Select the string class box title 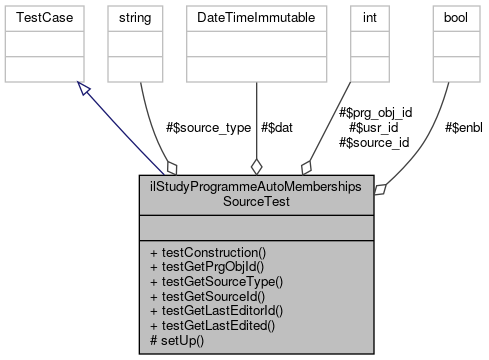(134, 18)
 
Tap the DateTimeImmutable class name (256, 18)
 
